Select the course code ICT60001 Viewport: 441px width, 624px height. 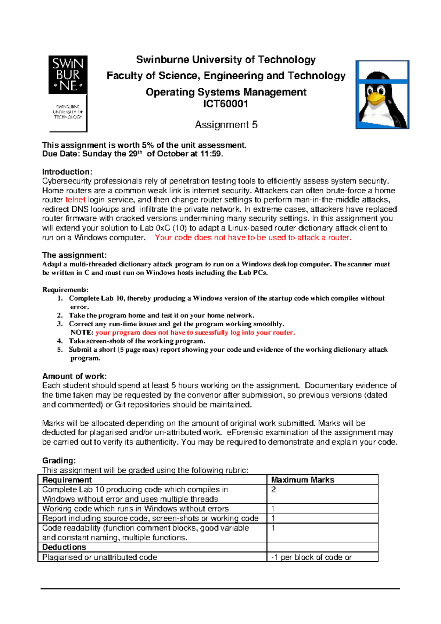click(226, 104)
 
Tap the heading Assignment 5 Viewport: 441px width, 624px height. click(226, 125)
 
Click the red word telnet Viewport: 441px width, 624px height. click(75, 200)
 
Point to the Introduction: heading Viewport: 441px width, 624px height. click(67, 172)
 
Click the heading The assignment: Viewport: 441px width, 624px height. click(74, 255)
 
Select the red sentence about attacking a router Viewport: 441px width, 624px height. click(253, 237)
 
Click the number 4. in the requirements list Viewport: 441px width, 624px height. click(60, 341)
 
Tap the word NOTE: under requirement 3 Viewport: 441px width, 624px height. click(82, 333)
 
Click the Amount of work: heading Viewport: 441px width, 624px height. click(74, 376)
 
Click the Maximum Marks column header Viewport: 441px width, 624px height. click(302, 480)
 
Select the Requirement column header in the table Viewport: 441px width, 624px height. click(67, 480)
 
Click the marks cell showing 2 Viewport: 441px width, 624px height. click(273, 489)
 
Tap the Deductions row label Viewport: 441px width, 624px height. click(64, 547)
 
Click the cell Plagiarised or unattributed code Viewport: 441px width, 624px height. click(100, 557)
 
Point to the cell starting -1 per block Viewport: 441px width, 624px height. click(311, 557)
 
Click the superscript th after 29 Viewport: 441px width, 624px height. click(140, 152)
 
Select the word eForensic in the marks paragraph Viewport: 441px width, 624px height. click(245, 433)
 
